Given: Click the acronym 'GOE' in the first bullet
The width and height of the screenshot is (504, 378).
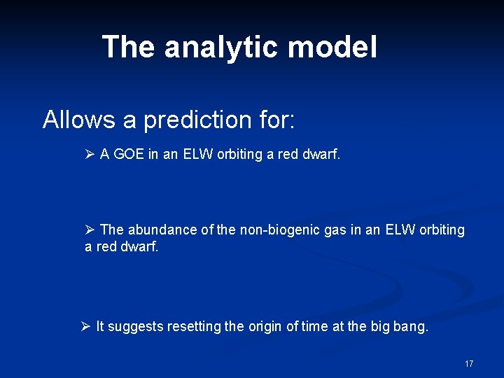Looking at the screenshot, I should click(x=128, y=155).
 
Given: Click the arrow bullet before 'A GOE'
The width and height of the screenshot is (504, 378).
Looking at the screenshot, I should click(x=90, y=155).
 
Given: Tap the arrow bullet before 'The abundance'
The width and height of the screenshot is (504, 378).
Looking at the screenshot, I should click(x=90, y=230).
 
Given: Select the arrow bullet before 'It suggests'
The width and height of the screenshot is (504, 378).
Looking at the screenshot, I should click(x=85, y=326).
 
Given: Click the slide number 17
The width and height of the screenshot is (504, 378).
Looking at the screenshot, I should click(x=468, y=364).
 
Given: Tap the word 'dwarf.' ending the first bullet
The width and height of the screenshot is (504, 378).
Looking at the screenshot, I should click(x=321, y=155).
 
